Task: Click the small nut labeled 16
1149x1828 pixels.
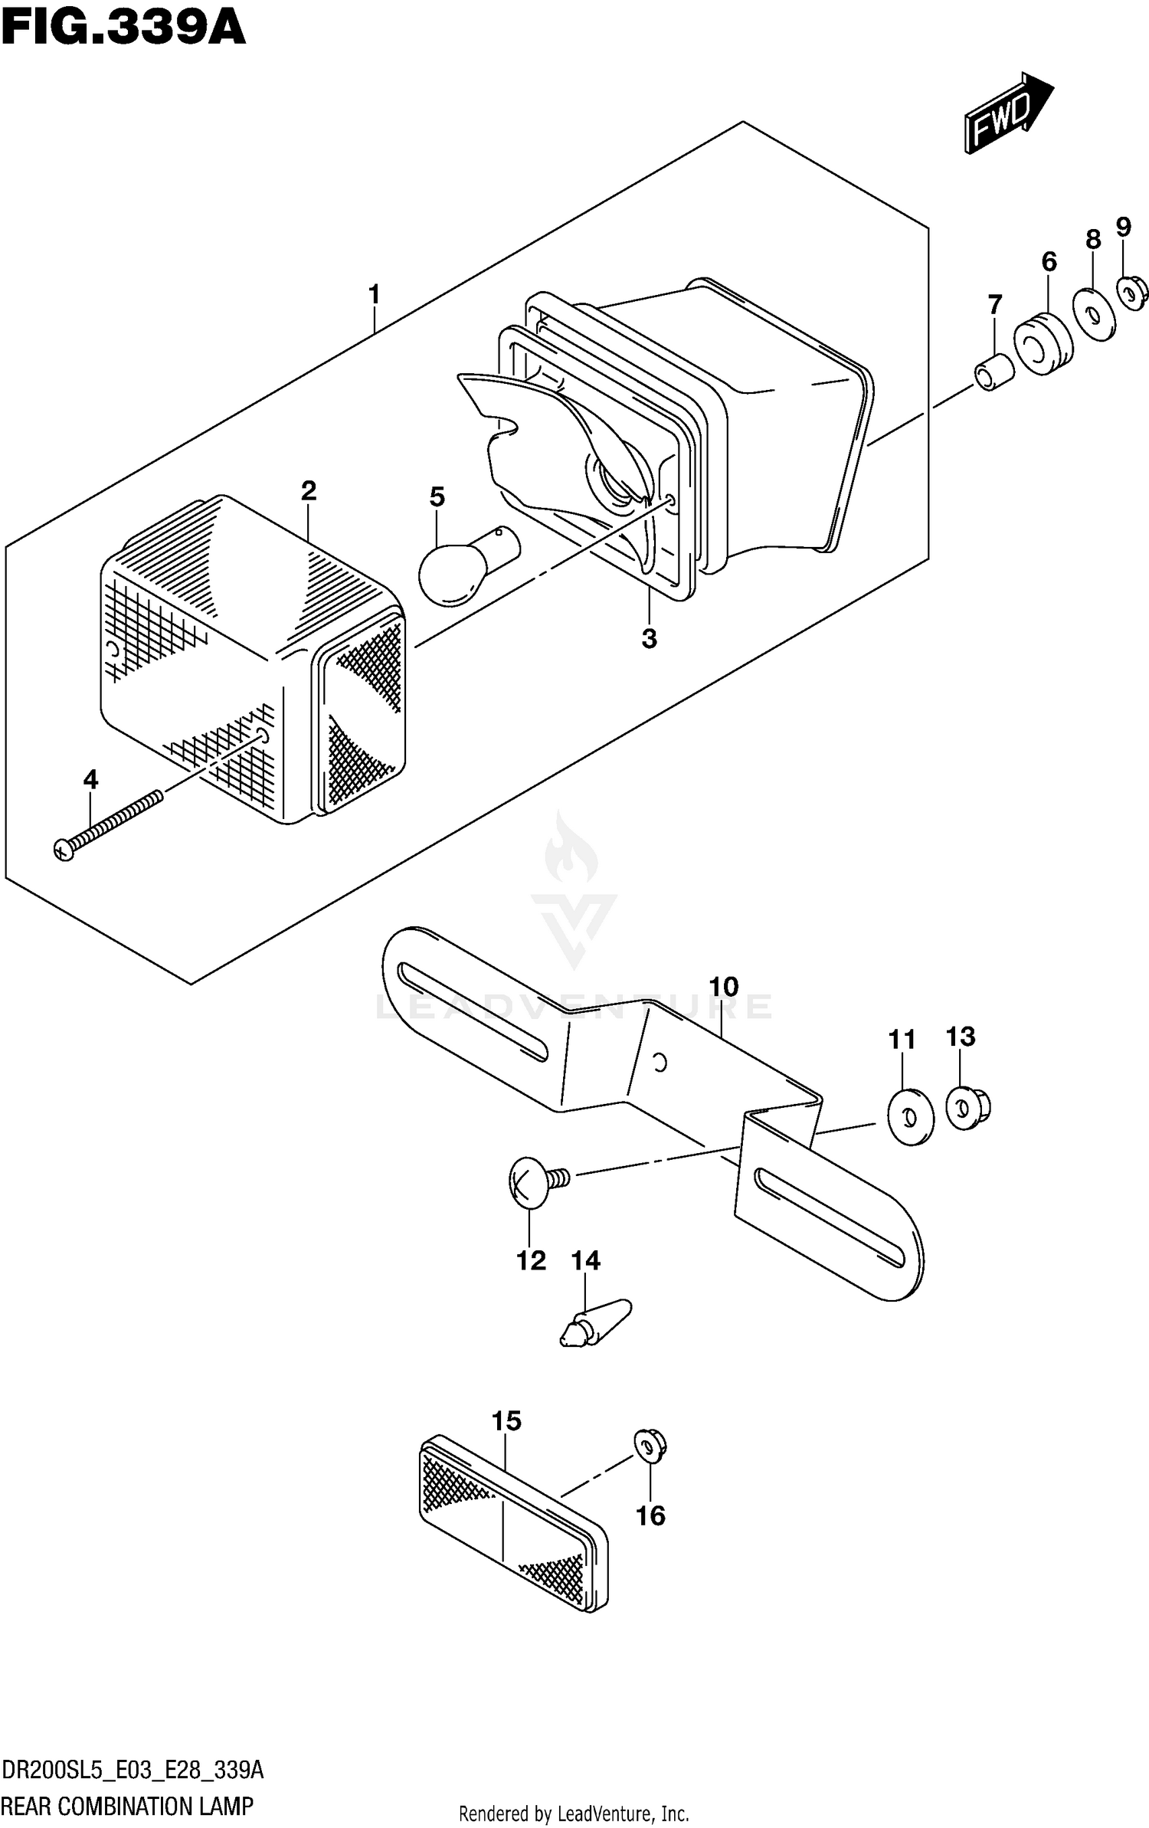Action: [650, 1446]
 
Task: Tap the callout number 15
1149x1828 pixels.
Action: [506, 1421]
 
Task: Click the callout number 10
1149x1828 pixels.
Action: [723, 987]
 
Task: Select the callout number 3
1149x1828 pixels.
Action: [649, 638]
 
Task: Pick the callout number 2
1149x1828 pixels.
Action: [308, 491]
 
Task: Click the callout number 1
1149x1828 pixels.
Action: [374, 294]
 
